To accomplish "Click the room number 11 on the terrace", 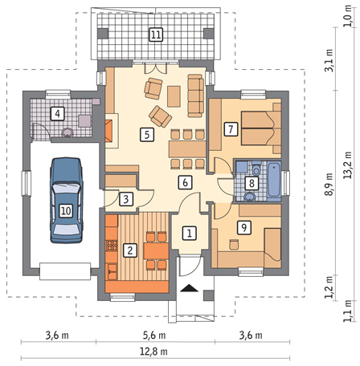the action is (156, 35).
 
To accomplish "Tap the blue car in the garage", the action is (66, 201).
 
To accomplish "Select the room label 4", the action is (58, 114).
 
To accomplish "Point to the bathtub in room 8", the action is (274, 181).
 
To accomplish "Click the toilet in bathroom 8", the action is (256, 169).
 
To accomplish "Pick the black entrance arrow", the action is (190, 288).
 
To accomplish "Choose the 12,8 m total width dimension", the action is (153, 352).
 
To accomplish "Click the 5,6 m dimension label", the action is (153, 335).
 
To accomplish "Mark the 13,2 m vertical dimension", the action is (348, 165).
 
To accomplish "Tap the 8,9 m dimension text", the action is (329, 184).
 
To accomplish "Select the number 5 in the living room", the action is (147, 134).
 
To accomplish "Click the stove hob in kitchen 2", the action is (112, 245).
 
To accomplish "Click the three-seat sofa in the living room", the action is (195, 96).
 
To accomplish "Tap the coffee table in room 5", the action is (174, 96).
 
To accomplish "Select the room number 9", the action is (244, 227).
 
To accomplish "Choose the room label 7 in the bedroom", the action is (231, 129).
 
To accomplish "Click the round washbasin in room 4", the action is (67, 132).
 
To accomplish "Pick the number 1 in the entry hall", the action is (190, 233).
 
